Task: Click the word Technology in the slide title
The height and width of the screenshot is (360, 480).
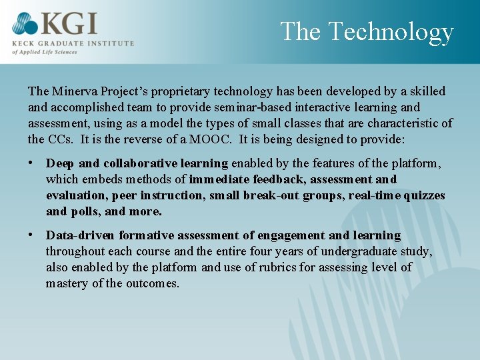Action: [x=391, y=32]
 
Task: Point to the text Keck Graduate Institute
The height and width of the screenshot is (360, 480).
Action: [x=73, y=43]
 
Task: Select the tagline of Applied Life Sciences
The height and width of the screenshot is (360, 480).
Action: [x=45, y=51]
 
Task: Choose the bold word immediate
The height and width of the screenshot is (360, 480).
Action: [x=219, y=179]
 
